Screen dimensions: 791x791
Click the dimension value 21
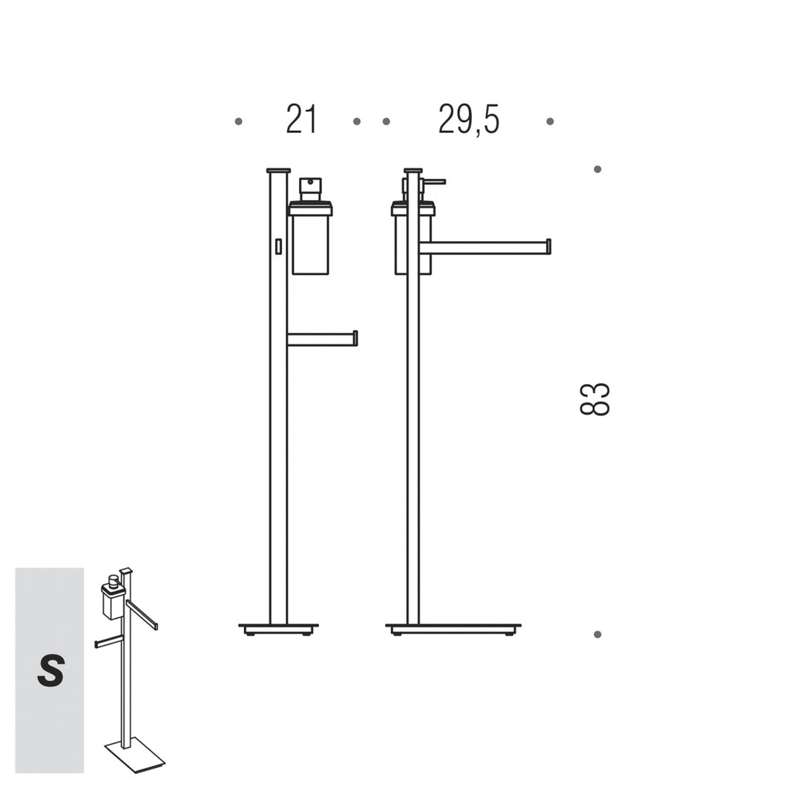point(301,120)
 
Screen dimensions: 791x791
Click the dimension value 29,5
point(469,120)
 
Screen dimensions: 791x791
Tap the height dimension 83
point(595,399)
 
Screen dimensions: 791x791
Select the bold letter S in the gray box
point(50,670)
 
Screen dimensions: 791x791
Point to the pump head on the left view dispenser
point(310,188)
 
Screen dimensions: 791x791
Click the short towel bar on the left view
point(322,338)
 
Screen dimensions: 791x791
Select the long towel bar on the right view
point(485,246)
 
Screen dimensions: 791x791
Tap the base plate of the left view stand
point(278,629)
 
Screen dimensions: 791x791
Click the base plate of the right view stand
point(453,629)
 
